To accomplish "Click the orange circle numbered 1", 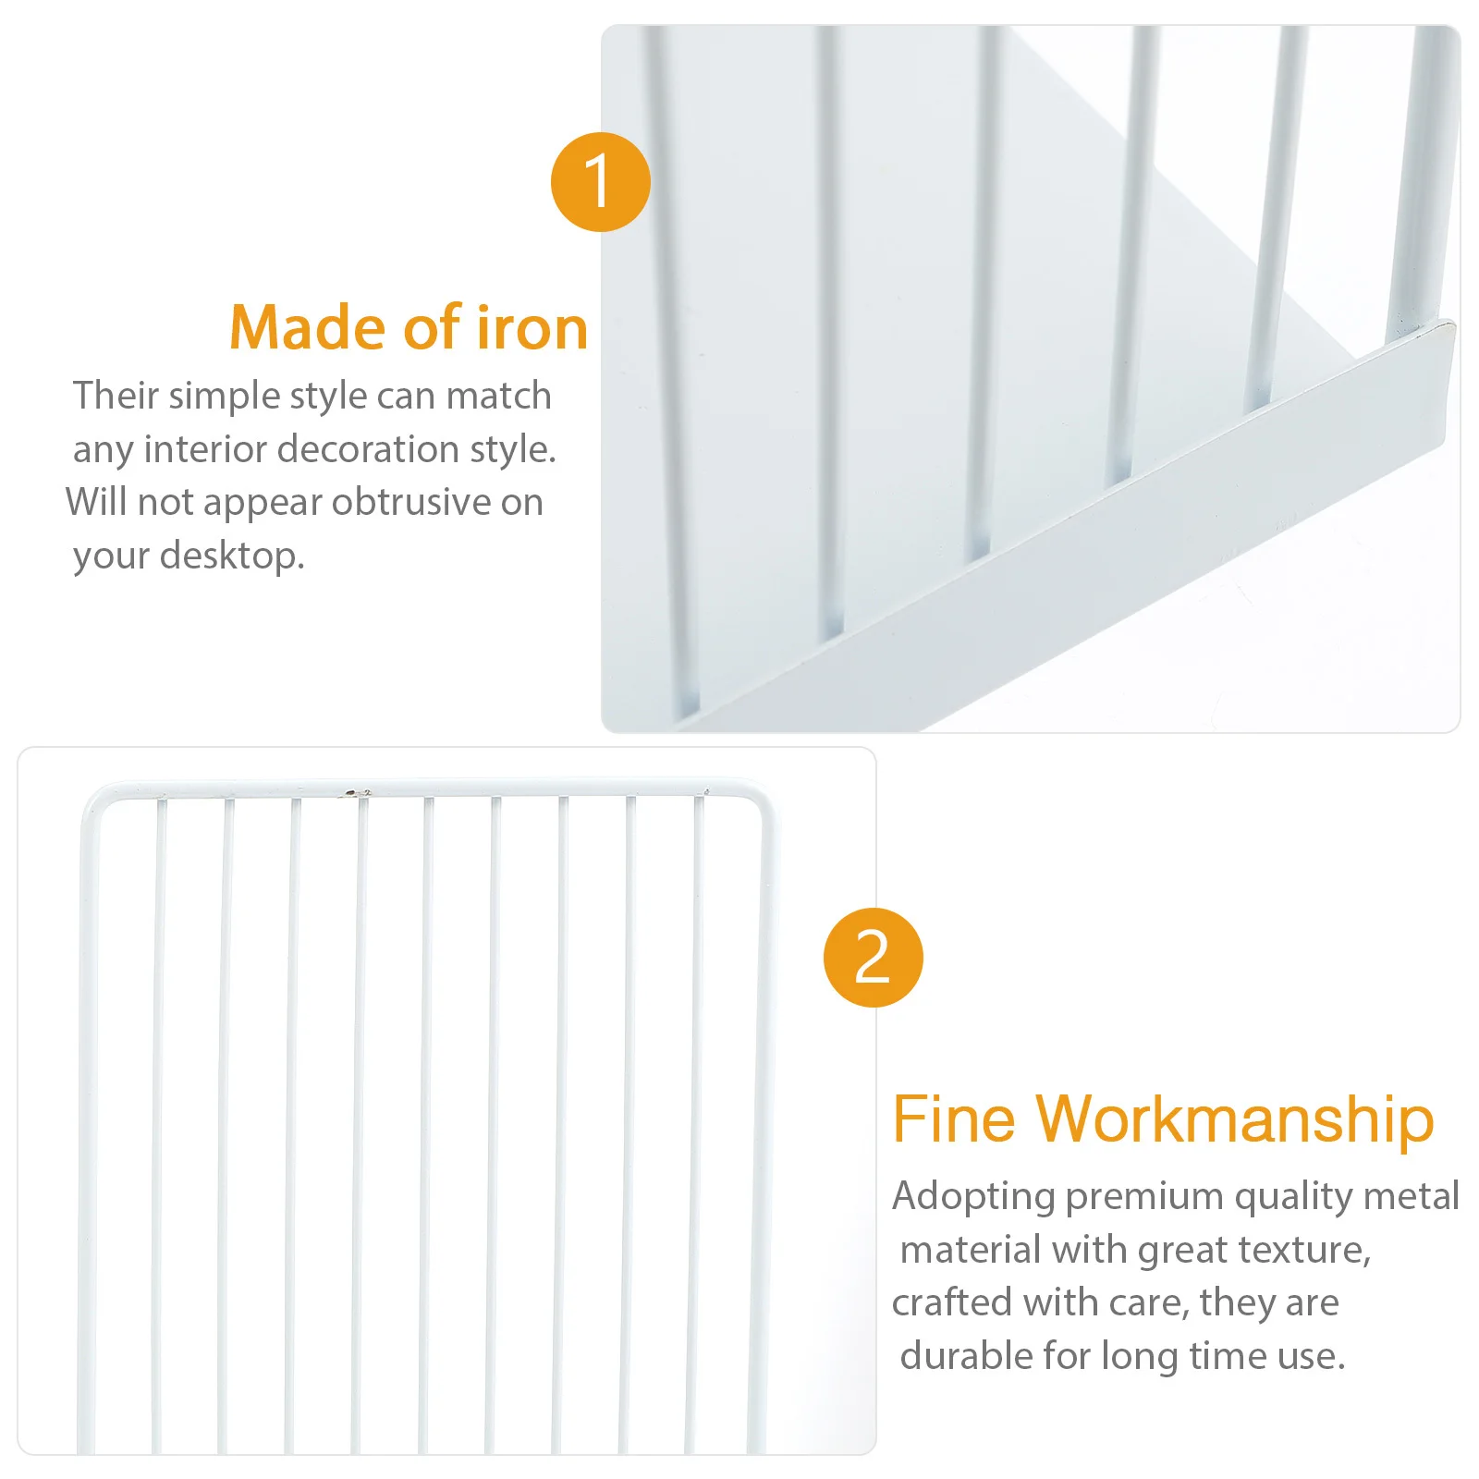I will (x=600, y=182).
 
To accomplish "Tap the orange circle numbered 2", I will (x=873, y=958).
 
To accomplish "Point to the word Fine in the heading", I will (x=953, y=1119).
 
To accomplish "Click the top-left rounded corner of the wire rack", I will (x=94, y=800).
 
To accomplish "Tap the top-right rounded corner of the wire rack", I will (x=758, y=801).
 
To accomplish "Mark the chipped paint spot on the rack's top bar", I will (x=352, y=792).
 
